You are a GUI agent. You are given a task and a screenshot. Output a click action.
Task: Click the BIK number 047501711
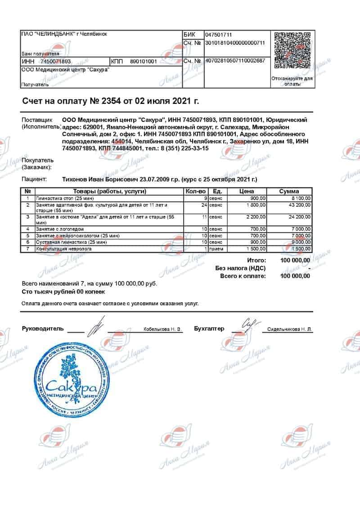click(219, 35)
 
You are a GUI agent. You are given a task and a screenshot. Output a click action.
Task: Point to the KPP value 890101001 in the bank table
click(143, 61)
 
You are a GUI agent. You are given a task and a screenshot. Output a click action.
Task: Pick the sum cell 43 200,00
click(299, 205)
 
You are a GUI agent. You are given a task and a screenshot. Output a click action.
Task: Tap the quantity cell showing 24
click(204, 205)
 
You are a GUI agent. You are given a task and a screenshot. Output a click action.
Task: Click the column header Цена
click(247, 191)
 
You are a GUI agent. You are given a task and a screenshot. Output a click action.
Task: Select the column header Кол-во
click(196, 191)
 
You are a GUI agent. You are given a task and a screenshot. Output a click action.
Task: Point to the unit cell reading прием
click(217, 249)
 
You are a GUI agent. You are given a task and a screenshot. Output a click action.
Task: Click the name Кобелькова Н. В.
click(162, 330)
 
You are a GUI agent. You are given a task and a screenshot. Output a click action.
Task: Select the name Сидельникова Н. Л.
click(289, 330)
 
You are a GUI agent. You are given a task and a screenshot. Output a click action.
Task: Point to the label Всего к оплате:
click(243, 276)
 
